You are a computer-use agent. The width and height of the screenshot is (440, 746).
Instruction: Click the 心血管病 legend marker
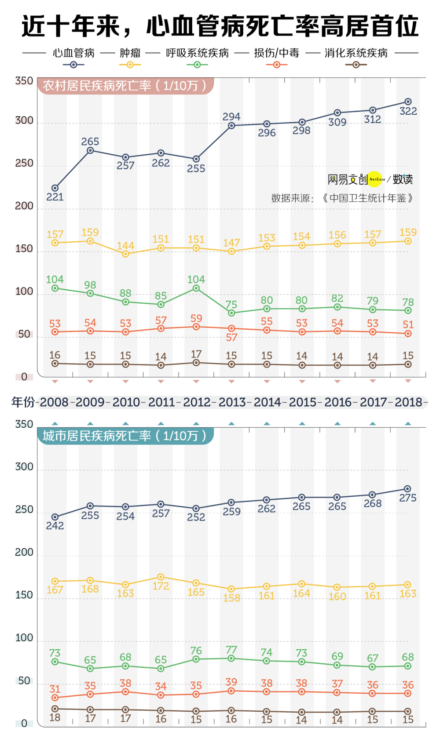[x=73, y=65]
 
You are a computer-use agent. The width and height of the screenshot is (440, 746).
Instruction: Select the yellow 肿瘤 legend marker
[x=130, y=65]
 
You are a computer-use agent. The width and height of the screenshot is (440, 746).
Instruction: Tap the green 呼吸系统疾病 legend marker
[x=197, y=65]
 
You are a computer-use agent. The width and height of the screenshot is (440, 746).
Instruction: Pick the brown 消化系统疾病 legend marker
[x=356, y=65]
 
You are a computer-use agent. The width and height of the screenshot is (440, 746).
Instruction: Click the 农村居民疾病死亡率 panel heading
[x=125, y=85]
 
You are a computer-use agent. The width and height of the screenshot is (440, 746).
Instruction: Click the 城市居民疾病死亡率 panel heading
[x=125, y=436]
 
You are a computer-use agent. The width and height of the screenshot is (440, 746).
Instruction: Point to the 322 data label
[x=408, y=111]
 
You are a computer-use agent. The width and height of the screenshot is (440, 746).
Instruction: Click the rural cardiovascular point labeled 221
[x=55, y=188]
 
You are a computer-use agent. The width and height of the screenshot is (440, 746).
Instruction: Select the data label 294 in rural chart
[x=231, y=116]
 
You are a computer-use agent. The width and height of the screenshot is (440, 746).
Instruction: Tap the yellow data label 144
[x=126, y=245]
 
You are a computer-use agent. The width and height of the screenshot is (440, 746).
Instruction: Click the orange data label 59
[x=196, y=318]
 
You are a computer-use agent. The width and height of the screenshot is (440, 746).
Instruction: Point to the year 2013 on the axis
[x=232, y=402]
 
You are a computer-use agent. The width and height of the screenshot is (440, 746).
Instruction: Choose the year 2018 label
[x=408, y=402]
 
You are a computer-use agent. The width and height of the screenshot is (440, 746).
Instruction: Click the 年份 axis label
[x=23, y=402]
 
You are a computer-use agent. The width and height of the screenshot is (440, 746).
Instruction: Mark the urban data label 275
[x=408, y=498]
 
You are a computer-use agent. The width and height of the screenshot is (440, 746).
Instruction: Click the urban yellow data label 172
[x=161, y=586]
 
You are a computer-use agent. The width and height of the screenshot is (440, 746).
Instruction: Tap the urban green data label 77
[x=231, y=650]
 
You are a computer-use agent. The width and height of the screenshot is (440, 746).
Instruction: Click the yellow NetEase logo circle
[x=375, y=179]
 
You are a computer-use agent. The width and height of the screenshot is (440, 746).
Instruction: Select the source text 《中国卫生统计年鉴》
[x=367, y=198]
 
